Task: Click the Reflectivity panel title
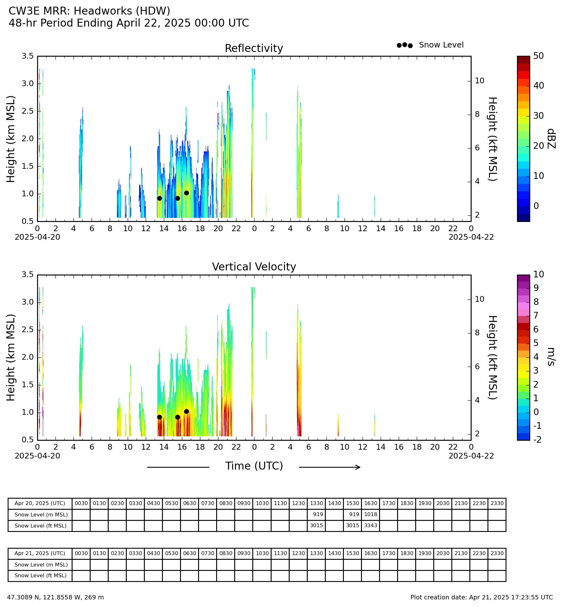(254, 48)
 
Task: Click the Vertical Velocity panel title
(254, 267)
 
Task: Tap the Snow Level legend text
(441, 45)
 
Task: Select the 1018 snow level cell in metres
(371, 515)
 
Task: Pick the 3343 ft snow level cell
(371, 526)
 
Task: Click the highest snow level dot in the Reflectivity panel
(186, 193)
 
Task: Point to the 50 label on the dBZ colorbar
(538, 56)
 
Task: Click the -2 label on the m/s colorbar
(537, 439)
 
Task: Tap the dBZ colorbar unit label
(551, 139)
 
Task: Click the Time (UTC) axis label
(254, 466)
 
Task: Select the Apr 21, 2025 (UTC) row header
(40, 553)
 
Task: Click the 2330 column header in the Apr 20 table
(497, 503)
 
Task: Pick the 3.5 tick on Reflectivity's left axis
(28, 56)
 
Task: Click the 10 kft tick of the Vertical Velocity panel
(480, 299)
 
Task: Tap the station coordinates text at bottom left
(55, 597)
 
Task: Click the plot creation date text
(481, 597)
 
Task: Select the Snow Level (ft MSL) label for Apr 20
(41, 526)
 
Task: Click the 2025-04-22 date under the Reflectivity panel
(471, 237)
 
